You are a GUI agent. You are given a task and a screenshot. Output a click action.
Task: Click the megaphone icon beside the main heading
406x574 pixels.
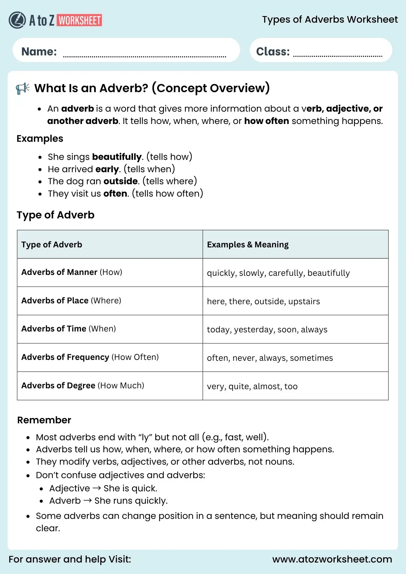click(x=23, y=88)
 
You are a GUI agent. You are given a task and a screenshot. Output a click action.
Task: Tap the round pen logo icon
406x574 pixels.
click(x=17, y=20)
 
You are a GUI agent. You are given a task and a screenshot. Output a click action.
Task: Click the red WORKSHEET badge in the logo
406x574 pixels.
click(x=80, y=20)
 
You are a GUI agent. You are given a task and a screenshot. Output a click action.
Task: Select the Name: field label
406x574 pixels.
click(x=39, y=52)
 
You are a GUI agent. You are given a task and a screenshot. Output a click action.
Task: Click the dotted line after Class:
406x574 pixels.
click(x=338, y=56)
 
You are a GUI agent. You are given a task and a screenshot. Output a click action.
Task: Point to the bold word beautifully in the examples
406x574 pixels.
click(x=117, y=157)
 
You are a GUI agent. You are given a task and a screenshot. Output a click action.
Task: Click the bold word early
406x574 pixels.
click(x=107, y=169)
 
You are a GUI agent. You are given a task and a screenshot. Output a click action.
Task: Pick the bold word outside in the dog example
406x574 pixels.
click(x=121, y=181)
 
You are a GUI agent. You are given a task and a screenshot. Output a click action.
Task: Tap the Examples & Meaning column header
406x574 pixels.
click(x=248, y=245)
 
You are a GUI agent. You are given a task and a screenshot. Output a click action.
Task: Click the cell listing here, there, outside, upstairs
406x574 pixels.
click(x=263, y=301)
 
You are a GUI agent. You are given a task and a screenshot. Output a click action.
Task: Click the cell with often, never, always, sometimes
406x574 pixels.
click(x=270, y=358)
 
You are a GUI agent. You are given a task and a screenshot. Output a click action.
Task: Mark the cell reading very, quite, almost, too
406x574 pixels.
click(x=252, y=386)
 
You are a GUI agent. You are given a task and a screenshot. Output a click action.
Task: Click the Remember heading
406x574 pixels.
click(x=44, y=420)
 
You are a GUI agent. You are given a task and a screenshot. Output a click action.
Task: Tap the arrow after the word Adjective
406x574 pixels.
click(x=97, y=488)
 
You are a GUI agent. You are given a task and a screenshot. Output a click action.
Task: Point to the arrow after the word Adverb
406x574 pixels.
click(x=88, y=500)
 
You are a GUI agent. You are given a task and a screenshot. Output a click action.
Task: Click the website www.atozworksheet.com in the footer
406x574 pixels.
click(x=332, y=559)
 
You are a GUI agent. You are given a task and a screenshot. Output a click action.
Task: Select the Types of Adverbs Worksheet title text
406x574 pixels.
click(x=330, y=20)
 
